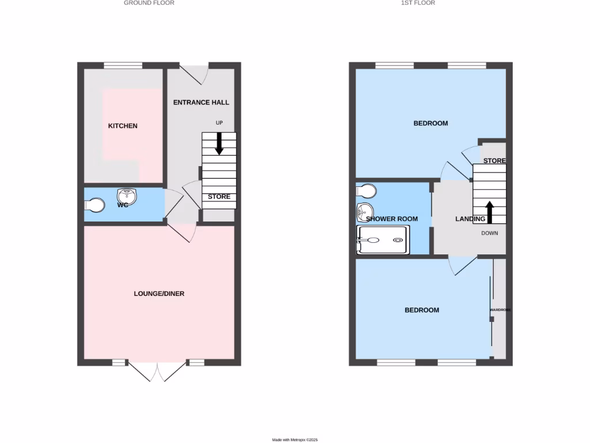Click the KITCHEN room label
click(123, 126)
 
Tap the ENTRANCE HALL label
click(201, 102)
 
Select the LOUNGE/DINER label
click(159, 294)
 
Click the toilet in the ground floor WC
click(94, 205)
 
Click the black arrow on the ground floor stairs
click(219, 144)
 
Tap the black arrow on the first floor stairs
click(489, 212)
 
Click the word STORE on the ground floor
click(219, 197)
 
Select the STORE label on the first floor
click(494, 160)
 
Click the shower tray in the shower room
click(383, 240)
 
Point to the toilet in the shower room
click(366, 190)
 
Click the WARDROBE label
click(500, 310)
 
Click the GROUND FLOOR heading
click(149, 3)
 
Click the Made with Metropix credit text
click(294, 440)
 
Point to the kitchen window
click(123, 65)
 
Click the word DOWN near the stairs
click(490, 233)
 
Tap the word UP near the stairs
click(219, 123)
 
